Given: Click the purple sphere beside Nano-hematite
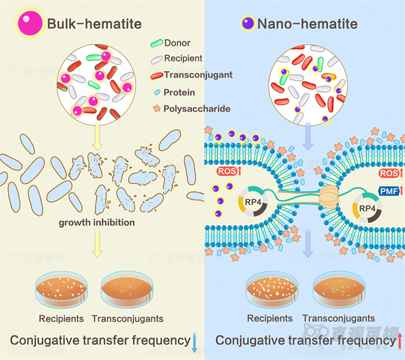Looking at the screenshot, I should coord(248,23).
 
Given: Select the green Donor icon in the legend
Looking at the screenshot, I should coord(156,43).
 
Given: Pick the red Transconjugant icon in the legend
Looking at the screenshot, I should coord(156,75).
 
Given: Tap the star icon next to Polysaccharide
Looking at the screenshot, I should coord(156,108).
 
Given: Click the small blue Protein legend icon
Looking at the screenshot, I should coord(156,92).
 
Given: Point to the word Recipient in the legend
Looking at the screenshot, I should coord(183,58).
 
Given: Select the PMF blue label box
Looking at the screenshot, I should coord(388,191).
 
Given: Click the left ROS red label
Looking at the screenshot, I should coord(229,171).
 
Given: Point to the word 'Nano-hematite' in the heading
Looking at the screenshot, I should coord(307,24).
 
